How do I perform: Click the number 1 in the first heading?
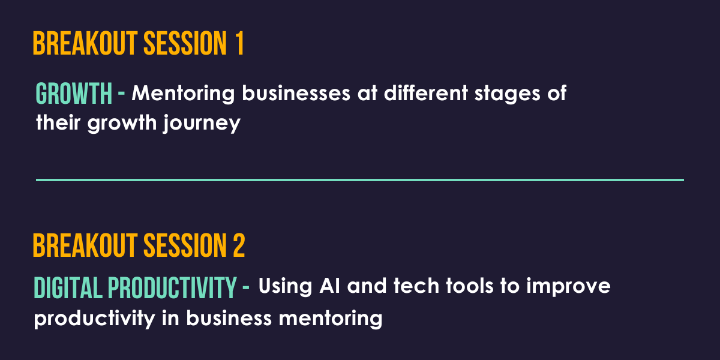[239, 43]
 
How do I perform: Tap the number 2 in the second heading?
[239, 245]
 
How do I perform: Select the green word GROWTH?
[74, 93]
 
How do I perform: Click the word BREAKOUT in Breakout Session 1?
[85, 43]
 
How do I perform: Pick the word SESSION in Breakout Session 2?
[185, 245]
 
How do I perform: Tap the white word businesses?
[296, 93]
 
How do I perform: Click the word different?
[426, 93]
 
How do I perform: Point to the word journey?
[202, 124]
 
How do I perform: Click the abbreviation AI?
[330, 286]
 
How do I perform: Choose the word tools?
[470, 286]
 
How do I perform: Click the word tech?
[416, 286]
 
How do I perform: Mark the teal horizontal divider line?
[360, 180]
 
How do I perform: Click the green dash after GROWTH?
[121, 94]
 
